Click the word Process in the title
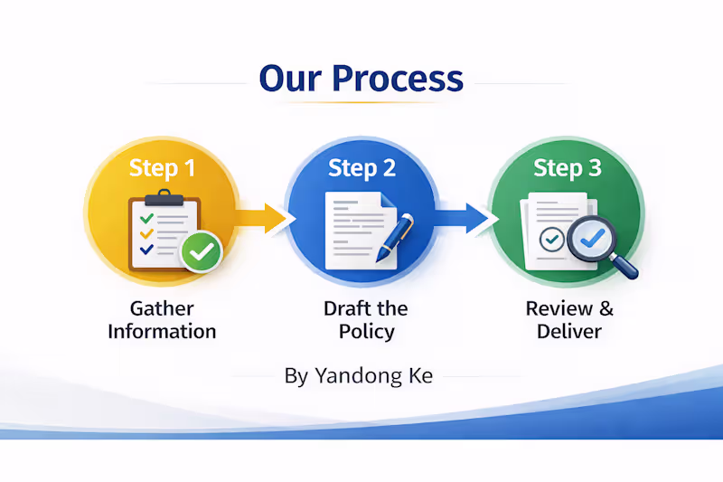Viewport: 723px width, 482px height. (398, 79)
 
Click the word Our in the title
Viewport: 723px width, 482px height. (290, 79)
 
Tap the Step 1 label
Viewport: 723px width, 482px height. (162, 167)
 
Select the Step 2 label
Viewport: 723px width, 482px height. (361, 167)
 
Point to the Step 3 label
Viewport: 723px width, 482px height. (567, 167)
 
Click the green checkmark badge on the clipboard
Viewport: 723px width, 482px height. (201, 250)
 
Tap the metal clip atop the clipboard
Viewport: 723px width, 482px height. (164, 197)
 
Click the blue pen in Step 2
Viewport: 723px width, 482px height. (395, 237)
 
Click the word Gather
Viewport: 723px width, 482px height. (162, 308)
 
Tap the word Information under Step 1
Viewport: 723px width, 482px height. (162, 331)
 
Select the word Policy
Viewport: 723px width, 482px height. (366, 331)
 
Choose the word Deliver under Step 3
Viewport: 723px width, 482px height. (568, 331)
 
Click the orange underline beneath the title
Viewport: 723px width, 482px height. (361, 103)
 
